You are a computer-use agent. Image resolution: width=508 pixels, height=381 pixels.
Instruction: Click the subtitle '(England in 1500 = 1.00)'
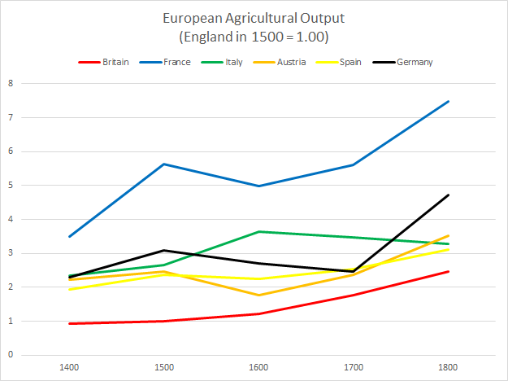tap(254, 37)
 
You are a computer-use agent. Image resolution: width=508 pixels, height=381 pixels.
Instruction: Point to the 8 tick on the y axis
tap(11, 83)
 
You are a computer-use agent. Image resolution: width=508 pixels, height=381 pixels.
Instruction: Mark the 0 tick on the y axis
tap(11, 355)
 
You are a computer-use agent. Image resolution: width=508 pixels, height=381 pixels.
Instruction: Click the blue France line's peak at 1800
tap(447, 101)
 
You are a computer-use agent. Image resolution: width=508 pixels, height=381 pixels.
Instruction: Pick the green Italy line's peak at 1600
tap(259, 231)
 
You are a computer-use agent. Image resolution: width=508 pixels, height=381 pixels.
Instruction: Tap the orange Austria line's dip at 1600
tap(259, 295)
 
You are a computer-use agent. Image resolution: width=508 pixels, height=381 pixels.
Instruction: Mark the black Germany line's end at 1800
tap(447, 195)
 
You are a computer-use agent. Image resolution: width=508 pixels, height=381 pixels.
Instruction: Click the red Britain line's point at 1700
tap(354, 295)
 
